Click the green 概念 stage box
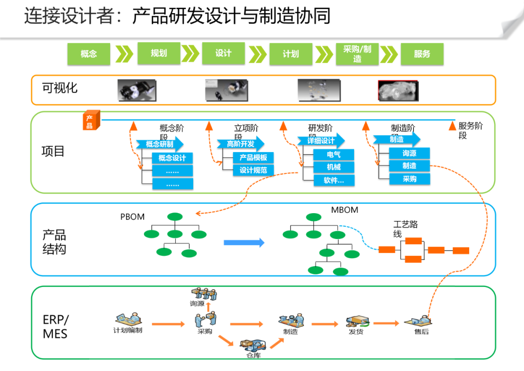(89, 54)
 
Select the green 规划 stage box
(159, 53)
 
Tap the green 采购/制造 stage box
(357, 54)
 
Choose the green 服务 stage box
(422, 54)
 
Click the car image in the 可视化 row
(398, 91)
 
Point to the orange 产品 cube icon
(90, 121)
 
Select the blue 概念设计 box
(172, 158)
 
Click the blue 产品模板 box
(253, 158)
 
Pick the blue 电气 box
(333, 155)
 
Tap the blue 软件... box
(333, 180)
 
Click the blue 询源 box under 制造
(409, 153)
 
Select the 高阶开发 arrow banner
(241, 144)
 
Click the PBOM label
(132, 217)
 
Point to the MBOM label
(344, 210)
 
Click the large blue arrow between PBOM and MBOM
(244, 242)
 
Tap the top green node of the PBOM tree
(175, 217)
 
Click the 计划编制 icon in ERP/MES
(128, 320)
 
